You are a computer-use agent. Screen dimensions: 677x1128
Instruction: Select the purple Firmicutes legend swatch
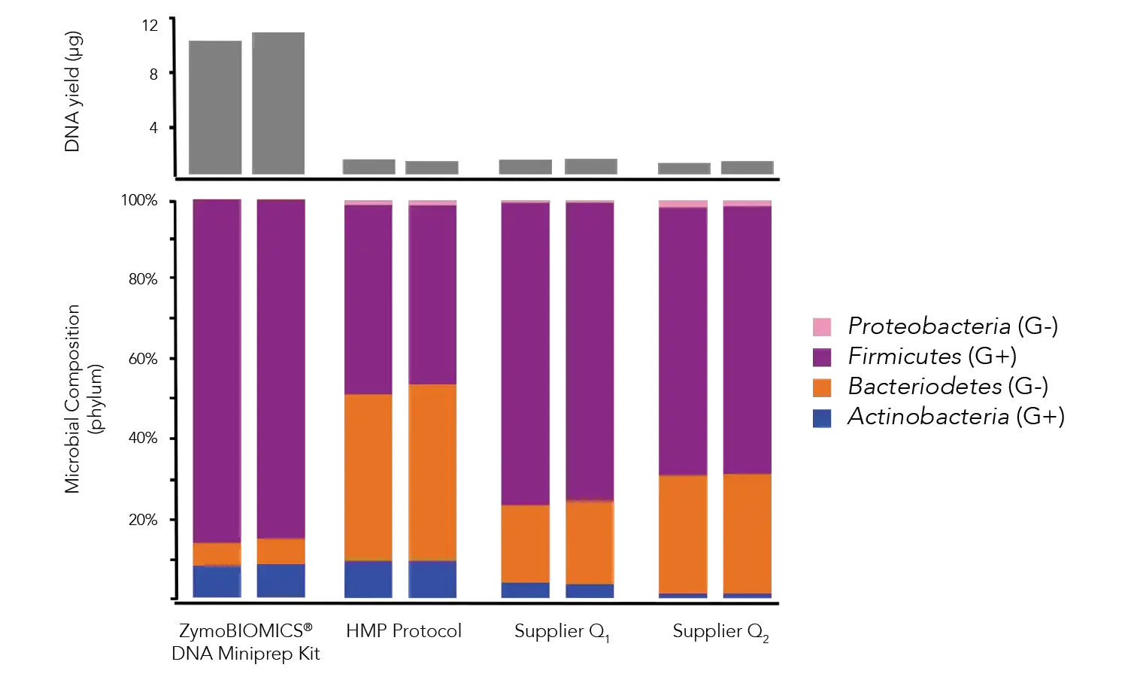pos(823,356)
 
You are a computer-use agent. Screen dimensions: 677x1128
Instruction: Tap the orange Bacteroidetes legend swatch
pos(823,387)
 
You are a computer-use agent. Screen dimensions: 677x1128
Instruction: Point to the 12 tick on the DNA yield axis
pos(150,26)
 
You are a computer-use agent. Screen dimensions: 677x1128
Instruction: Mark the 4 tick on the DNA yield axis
pos(154,128)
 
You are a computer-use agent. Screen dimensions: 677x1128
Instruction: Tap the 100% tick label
pos(141,201)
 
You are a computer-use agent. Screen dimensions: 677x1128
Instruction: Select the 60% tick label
pos(143,358)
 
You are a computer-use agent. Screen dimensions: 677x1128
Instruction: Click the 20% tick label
pos(143,519)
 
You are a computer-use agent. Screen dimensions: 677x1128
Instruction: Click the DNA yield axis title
pos(74,93)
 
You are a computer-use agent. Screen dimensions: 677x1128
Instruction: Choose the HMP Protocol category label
pos(404,630)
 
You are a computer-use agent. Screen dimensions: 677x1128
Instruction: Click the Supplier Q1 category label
pos(561,631)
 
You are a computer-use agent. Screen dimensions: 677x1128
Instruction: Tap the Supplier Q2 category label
pos(720,631)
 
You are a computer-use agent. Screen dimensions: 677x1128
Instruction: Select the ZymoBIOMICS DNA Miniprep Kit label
pos(247,642)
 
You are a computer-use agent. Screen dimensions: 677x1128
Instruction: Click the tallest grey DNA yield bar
pos(278,102)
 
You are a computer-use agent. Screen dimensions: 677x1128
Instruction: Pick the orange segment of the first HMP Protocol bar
pos(368,477)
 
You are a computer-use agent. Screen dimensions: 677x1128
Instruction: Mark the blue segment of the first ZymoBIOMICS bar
pos(217,581)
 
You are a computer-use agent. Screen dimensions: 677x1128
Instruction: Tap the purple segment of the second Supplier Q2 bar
pos(747,339)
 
